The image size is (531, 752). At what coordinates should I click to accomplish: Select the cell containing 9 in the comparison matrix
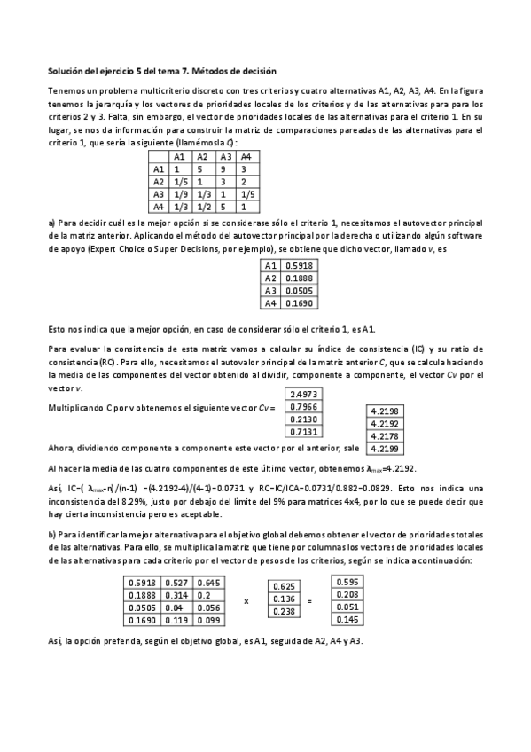[224, 168]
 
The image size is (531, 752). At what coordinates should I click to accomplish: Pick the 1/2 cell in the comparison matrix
[203, 206]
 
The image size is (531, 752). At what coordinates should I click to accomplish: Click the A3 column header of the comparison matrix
[225, 156]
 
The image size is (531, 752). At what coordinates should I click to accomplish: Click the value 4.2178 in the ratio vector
[382, 411]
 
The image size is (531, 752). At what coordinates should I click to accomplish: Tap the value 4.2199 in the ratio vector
[382, 423]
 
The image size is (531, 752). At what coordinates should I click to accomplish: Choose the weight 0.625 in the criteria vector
[285, 586]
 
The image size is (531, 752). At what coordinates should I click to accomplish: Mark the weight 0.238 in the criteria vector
[285, 611]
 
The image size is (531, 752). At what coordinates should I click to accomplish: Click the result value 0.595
[348, 581]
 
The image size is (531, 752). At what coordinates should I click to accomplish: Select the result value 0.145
[348, 618]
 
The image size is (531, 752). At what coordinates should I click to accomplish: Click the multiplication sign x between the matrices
[246, 600]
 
